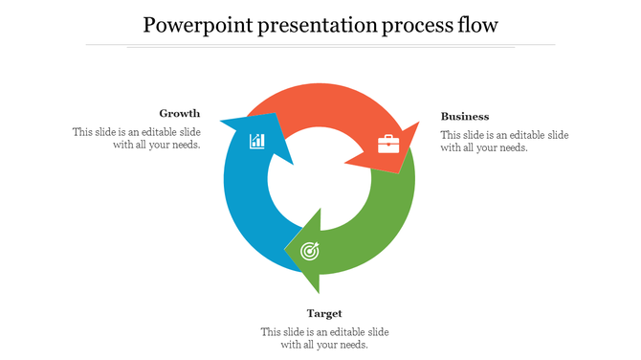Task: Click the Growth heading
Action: coord(180,113)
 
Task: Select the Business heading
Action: coord(465,117)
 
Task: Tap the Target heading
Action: coord(324,313)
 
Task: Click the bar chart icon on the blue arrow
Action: coord(257,142)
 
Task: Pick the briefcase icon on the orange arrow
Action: coord(388,145)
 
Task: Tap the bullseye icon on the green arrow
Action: coord(310,251)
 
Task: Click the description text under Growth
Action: coord(137,139)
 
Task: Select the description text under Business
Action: coord(504,141)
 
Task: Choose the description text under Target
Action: coord(324,338)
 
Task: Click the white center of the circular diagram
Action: coord(320,181)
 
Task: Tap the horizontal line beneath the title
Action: coord(320,45)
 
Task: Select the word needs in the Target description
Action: coord(352,345)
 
